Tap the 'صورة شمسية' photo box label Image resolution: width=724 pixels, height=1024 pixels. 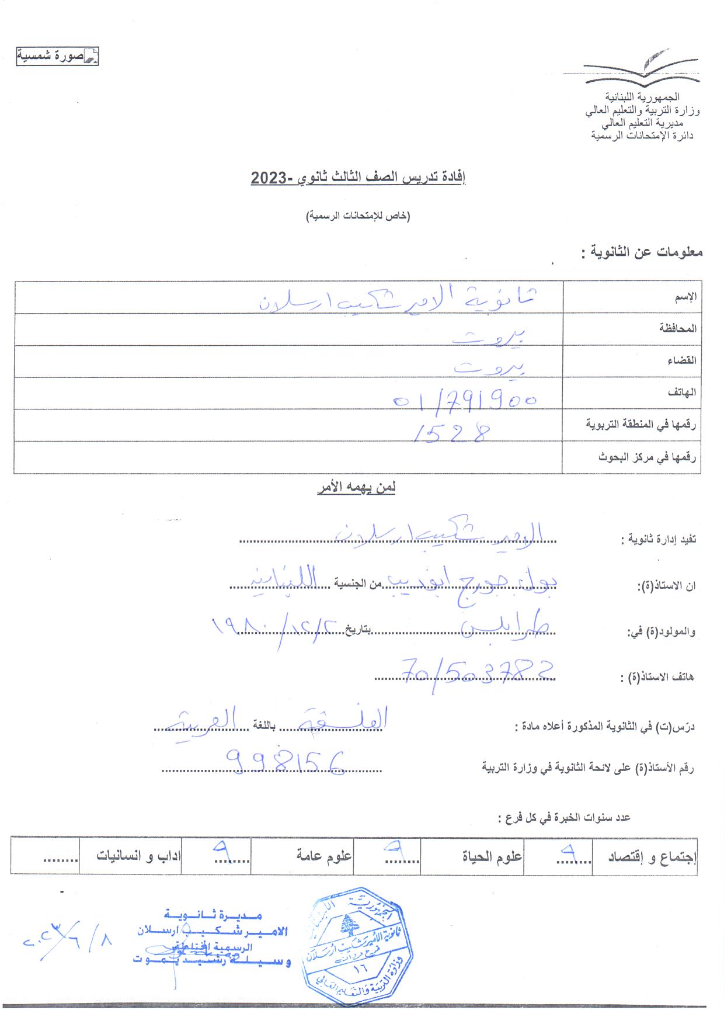(57, 57)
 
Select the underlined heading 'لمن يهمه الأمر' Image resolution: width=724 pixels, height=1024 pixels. (356, 488)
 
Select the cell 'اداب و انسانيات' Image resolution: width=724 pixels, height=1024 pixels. (139, 857)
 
